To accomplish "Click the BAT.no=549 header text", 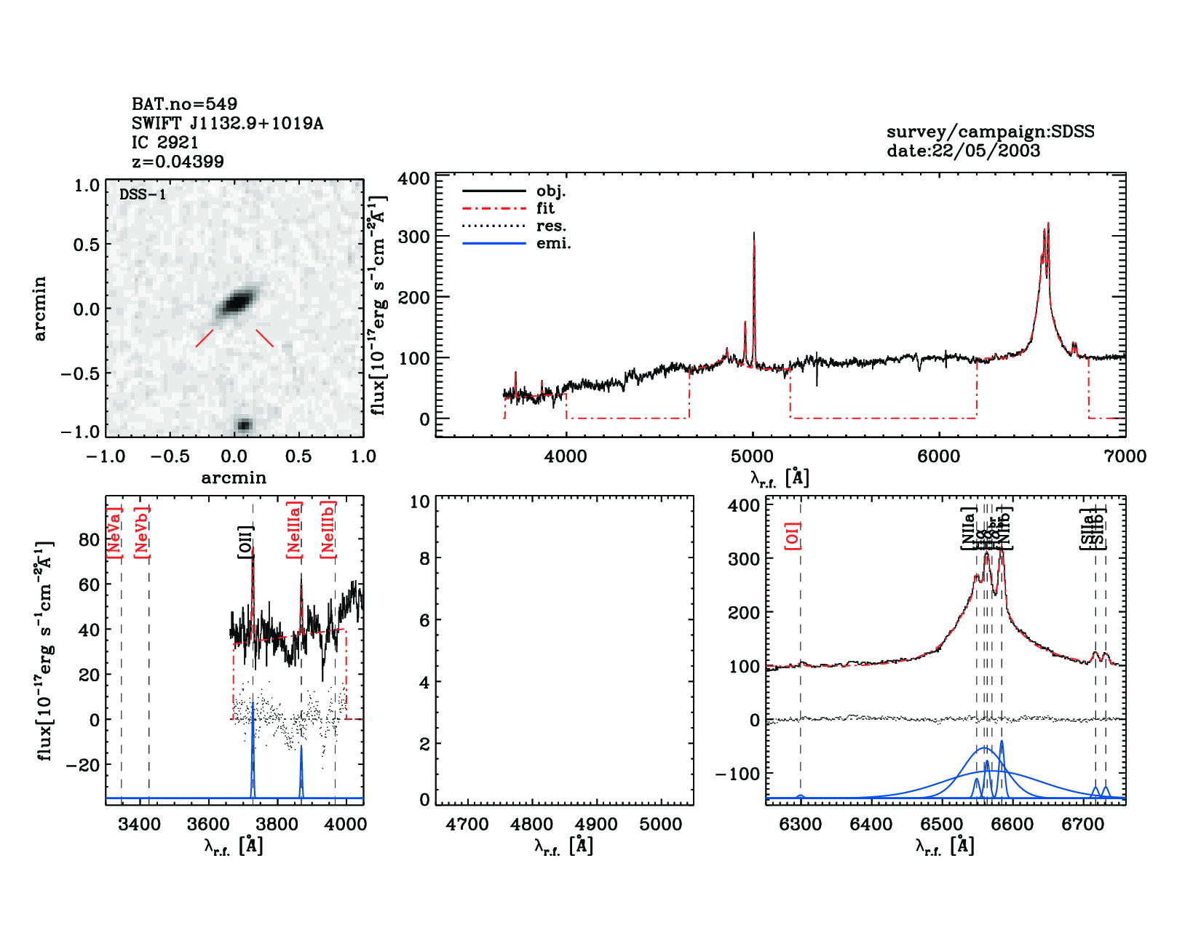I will [184, 104].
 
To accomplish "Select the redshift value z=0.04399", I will [178, 162].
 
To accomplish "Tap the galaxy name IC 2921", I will [165, 143].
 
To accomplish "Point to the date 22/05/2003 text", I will [963, 151].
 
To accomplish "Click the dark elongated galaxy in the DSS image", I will [237, 301].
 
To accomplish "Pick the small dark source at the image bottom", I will [244, 425].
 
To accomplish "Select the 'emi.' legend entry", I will [553, 243].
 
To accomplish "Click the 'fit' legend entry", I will [545, 208].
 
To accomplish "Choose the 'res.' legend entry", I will [551, 226].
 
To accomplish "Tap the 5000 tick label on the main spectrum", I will [752, 456].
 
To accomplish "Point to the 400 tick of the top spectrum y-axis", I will [413, 178].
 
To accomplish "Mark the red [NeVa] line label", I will [114, 533].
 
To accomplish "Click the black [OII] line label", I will [245, 542].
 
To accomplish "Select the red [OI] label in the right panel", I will [793, 536].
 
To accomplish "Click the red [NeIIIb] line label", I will [328, 529].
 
